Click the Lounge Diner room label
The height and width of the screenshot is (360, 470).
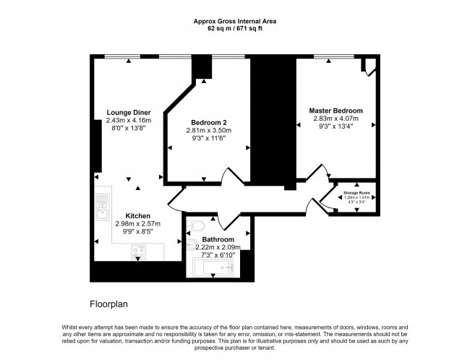click(x=129, y=113)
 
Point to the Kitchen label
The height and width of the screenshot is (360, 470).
click(x=137, y=215)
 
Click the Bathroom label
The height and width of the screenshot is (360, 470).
click(x=218, y=239)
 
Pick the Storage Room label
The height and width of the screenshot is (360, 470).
click(x=356, y=193)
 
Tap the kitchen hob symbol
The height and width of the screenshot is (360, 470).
click(x=137, y=252)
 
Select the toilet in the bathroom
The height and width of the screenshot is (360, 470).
click(x=193, y=231)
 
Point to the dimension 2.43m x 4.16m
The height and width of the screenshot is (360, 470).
click(x=128, y=121)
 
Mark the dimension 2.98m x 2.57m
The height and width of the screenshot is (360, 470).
click(x=137, y=224)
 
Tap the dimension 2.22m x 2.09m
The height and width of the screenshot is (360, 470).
click(x=218, y=248)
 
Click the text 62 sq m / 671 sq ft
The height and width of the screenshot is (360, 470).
click(x=235, y=28)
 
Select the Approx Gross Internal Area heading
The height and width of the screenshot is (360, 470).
click(x=235, y=21)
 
